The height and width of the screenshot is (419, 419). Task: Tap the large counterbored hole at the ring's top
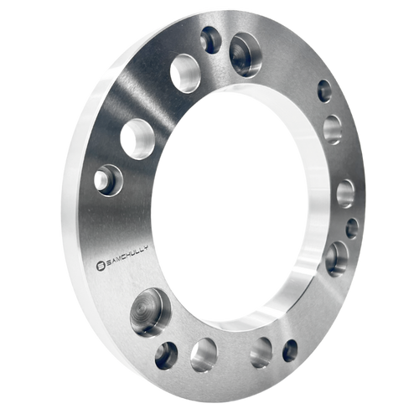(x=244, y=54)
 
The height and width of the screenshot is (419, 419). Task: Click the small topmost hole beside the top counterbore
(x=211, y=39)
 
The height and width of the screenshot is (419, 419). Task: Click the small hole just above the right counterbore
(x=352, y=228)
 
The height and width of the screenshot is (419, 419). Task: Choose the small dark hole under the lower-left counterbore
(x=166, y=354)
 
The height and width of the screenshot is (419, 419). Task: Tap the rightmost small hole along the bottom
(x=290, y=350)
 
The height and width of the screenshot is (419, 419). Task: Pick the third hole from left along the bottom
(x=261, y=352)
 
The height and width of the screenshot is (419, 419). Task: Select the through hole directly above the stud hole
(x=137, y=136)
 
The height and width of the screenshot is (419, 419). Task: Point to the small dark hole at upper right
(x=324, y=91)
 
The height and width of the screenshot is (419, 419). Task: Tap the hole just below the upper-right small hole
(x=333, y=129)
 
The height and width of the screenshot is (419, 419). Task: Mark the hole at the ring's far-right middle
(x=345, y=193)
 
